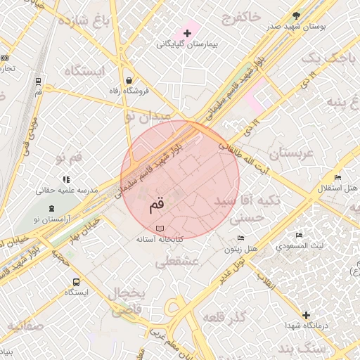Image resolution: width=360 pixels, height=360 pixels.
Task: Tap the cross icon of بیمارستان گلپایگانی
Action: (187, 33)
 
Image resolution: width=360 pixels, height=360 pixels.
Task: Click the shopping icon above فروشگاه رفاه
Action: (128, 80)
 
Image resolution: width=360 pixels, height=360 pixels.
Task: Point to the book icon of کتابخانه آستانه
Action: (160, 229)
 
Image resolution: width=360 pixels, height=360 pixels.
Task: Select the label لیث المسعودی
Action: (300, 247)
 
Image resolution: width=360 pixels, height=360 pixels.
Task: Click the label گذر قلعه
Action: (223, 317)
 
